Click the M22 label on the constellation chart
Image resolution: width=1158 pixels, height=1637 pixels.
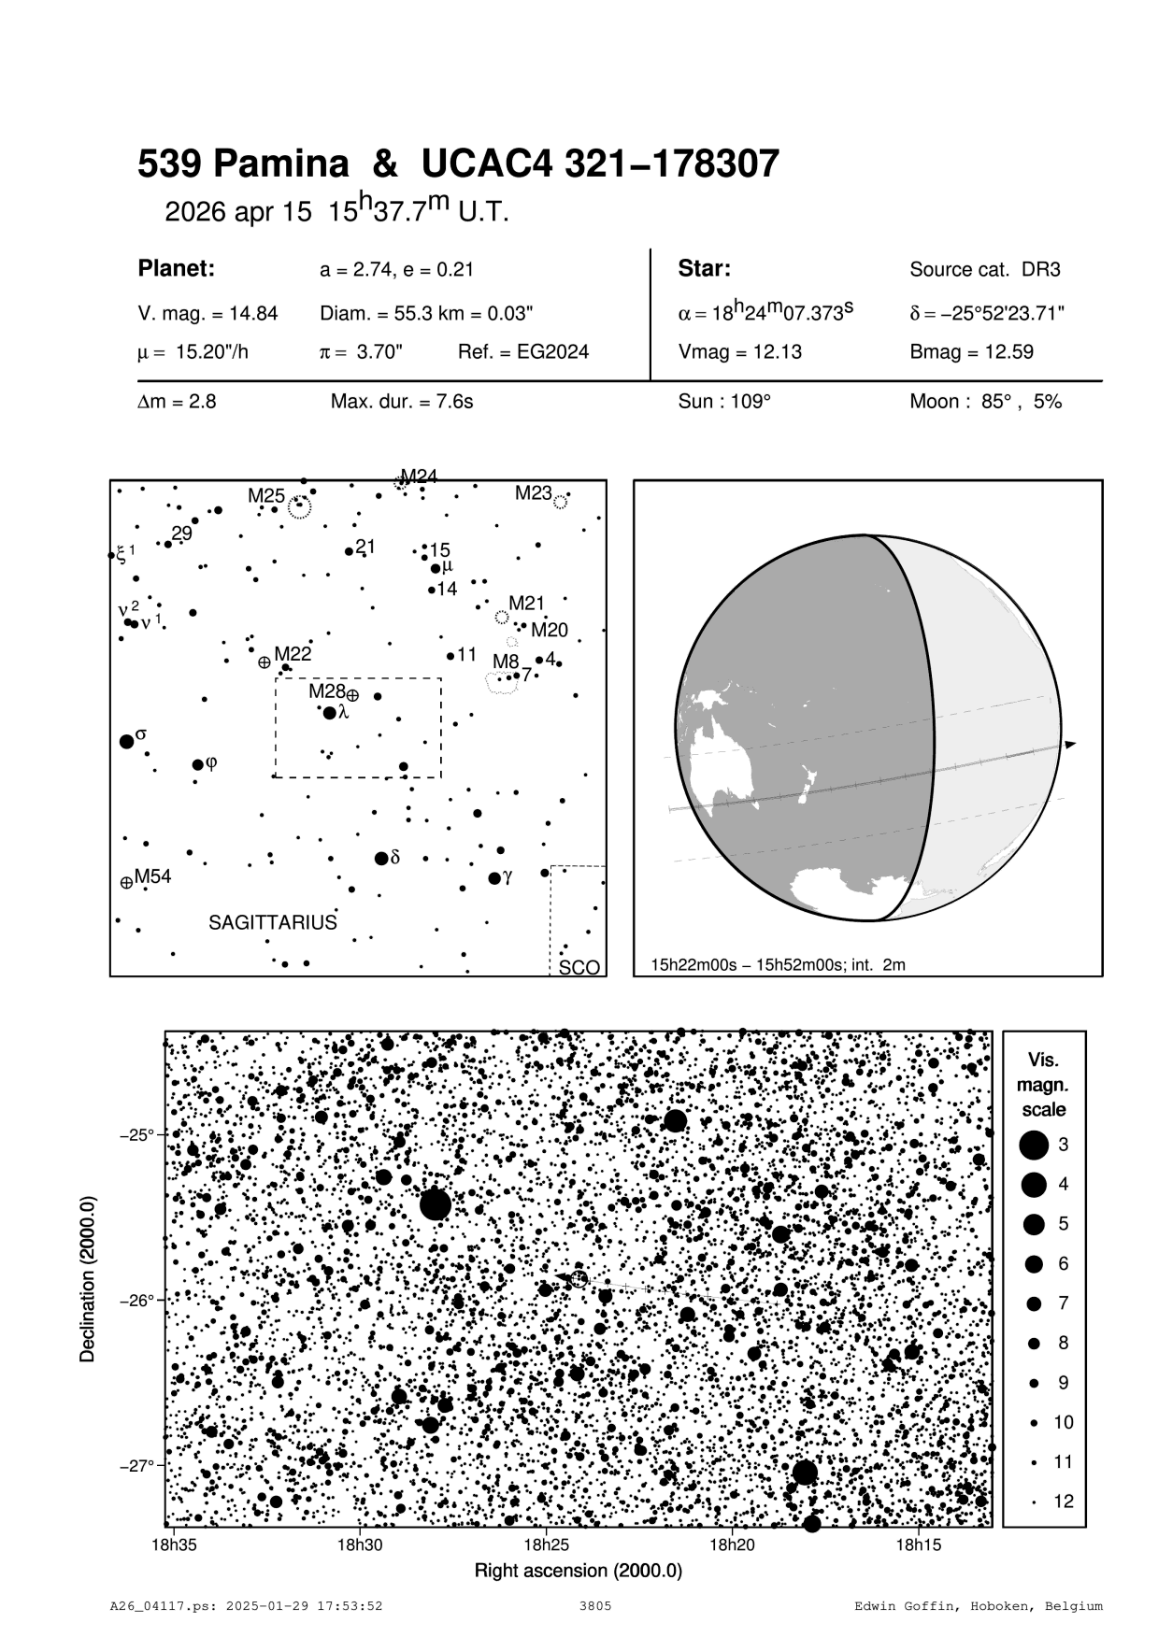[293, 653]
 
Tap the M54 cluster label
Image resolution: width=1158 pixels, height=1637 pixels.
[153, 876]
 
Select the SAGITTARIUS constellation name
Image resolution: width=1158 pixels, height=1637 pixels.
[272, 923]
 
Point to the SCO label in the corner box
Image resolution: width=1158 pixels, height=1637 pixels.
[579, 968]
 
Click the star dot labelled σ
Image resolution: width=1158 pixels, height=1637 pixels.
[127, 742]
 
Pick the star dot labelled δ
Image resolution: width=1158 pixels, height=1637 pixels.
[381, 859]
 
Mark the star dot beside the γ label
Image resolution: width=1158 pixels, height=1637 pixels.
[494, 878]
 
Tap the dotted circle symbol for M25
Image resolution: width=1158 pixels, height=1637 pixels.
[299, 507]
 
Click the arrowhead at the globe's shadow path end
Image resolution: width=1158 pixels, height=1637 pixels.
[1071, 745]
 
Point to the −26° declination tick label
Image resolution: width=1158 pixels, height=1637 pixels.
[137, 1300]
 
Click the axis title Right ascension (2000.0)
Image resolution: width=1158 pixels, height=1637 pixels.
[579, 1571]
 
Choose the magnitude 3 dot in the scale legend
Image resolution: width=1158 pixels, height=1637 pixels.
[1034, 1145]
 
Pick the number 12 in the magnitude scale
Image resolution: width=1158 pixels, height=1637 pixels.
[1064, 1502]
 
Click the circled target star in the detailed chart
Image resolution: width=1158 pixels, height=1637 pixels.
[579, 1278]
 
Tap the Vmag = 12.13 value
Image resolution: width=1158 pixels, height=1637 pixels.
[739, 352]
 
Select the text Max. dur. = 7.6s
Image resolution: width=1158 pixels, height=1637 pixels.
[402, 403]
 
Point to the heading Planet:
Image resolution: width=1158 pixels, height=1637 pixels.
[177, 269]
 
